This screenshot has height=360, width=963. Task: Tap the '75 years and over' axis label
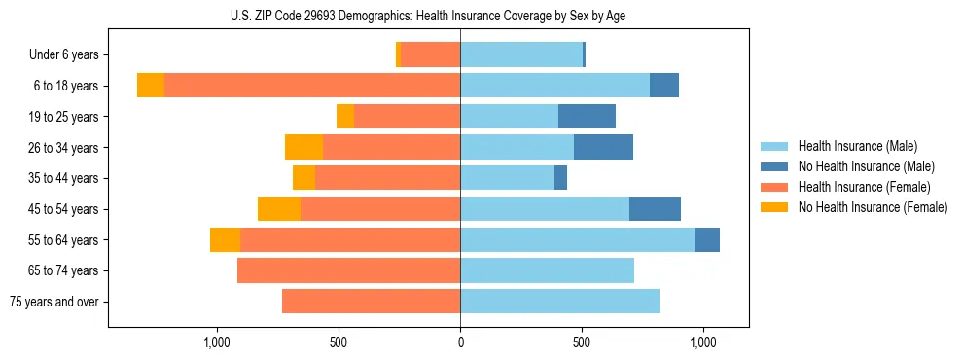tap(53, 302)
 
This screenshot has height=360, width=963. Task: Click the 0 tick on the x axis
tap(460, 342)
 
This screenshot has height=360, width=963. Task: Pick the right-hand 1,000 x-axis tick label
tap(703, 342)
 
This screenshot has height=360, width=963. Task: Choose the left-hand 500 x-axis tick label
tap(339, 342)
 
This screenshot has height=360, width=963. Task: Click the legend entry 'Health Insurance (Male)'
tap(857, 146)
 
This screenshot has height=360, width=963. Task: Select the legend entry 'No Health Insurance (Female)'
tap(873, 207)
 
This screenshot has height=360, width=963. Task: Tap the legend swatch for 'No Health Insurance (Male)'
tap(774, 166)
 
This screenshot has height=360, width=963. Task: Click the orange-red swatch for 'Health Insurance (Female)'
tap(774, 187)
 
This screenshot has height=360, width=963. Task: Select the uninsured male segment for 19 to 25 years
tap(587, 117)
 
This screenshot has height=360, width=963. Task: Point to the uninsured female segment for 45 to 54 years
tap(279, 209)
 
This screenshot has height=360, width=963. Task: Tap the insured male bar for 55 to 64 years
tap(577, 240)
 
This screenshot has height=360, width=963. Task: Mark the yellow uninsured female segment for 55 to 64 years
tap(225, 240)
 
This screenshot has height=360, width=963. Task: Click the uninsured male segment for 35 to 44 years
tap(560, 178)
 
